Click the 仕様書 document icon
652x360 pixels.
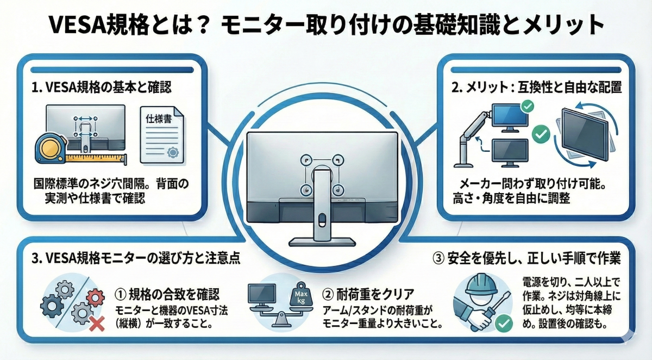pos(161,134)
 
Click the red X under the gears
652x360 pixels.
pos(97,324)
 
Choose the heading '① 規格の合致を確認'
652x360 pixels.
pos(168,294)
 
